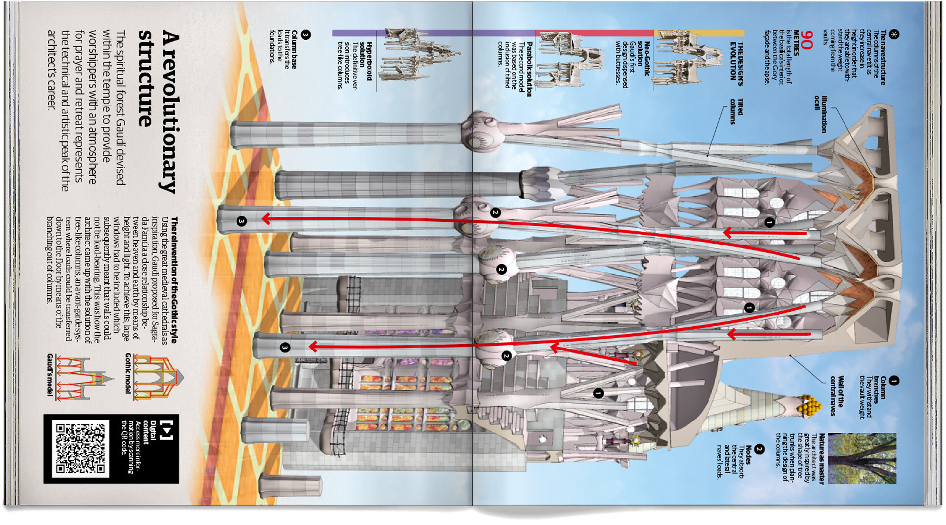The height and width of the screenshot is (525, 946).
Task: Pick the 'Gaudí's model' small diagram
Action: pos(81,377)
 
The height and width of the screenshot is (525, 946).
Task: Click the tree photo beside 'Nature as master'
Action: pos(862,458)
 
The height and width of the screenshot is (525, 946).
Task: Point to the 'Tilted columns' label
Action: pos(736,111)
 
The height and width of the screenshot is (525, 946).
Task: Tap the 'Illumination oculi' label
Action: pos(820,114)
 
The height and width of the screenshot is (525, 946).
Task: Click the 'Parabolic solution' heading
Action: pos(529,69)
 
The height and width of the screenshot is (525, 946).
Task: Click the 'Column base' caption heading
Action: pos(294,49)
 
